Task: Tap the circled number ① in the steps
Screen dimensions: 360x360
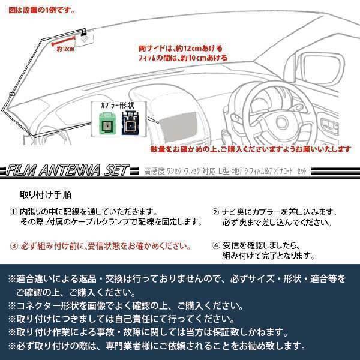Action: [x=13, y=212]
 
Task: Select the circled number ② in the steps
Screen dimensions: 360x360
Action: [x=216, y=212]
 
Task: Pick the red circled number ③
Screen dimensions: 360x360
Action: [x=13, y=246]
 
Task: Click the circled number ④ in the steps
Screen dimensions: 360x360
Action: [x=216, y=246]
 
